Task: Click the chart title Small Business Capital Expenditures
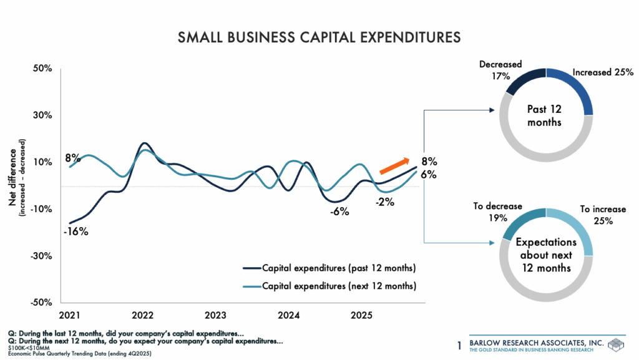coord(319,38)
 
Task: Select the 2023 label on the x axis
coord(215,314)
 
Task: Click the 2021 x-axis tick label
coord(70,314)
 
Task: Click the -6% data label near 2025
coord(339,212)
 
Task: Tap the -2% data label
coord(385,202)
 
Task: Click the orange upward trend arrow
coord(394,166)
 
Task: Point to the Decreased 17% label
coord(500,70)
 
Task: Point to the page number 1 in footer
coord(459,345)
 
